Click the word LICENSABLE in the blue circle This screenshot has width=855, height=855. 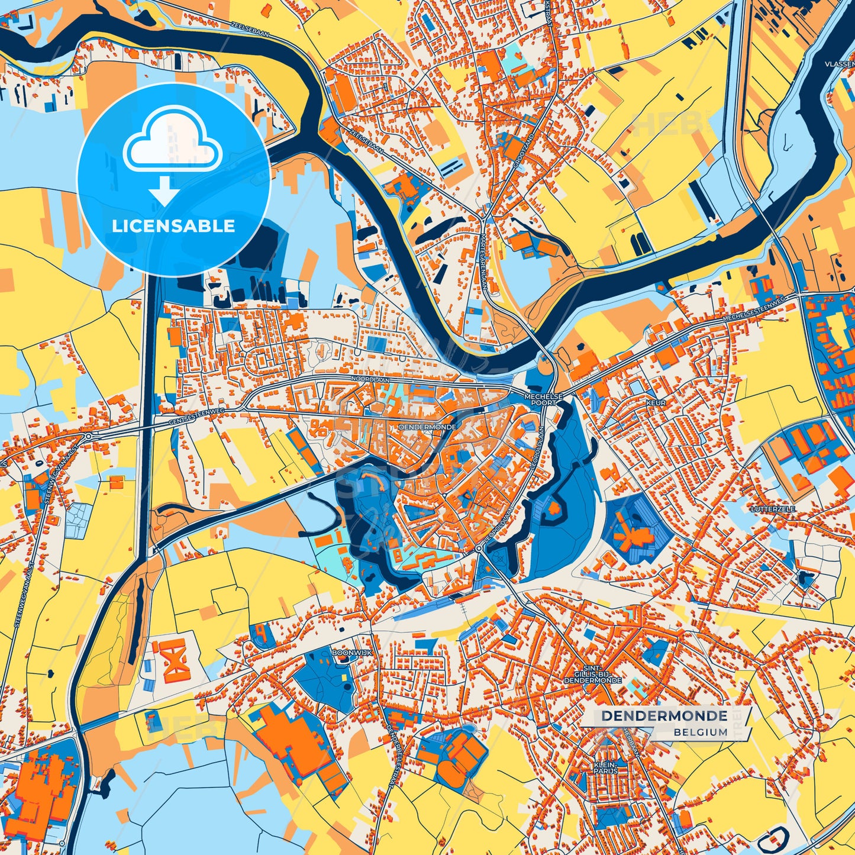173,226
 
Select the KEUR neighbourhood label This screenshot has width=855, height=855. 656,403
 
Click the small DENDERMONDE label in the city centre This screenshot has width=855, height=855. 427,426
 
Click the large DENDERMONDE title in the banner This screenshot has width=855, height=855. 664,716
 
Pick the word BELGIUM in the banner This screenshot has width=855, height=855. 700,732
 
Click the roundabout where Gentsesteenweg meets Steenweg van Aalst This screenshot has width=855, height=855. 88,436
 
